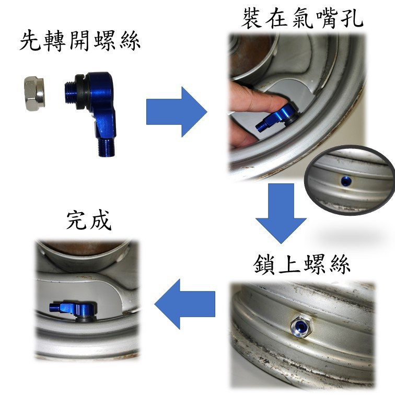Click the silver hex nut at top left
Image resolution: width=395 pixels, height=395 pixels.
point(35,94)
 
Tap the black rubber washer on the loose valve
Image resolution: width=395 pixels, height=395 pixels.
point(83,92)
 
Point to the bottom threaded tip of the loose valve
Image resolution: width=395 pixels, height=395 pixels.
point(106,148)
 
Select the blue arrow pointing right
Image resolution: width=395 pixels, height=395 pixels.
point(177,112)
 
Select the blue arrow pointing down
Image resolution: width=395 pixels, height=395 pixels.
point(281,213)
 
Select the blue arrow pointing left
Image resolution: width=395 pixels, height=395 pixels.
point(184,304)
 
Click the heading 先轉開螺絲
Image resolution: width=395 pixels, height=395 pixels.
point(80,41)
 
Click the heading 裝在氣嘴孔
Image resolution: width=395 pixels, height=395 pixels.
point(302,18)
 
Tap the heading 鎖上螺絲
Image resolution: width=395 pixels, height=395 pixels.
point(302,264)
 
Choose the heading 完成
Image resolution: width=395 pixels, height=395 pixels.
point(89,220)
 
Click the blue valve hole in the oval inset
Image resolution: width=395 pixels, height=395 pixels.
point(346,181)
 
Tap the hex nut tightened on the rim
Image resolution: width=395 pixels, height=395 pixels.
point(301,327)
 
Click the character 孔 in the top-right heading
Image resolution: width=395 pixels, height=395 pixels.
point(352,18)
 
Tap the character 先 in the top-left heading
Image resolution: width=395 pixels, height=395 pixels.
point(30,41)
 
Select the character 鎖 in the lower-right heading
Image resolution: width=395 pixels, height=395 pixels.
point(264,264)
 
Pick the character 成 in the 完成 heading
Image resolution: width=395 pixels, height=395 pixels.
point(100,220)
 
